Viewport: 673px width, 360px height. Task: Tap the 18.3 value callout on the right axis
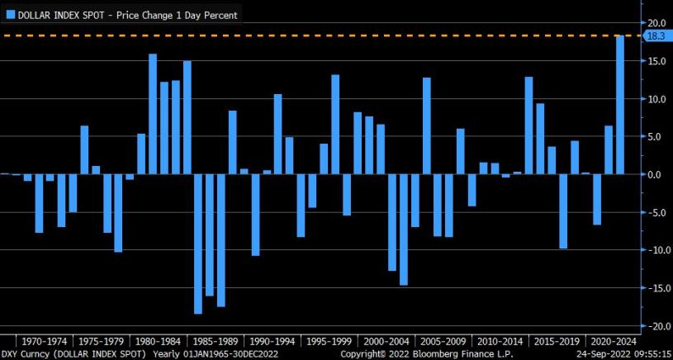pyautogui.click(x=656, y=37)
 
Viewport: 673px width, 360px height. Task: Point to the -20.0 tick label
pyautogui.click(x=655, y=326)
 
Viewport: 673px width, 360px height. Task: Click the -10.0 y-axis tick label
pyautogui.click(x=655, y=250)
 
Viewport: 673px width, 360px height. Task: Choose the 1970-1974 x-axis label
pyautogui.click(x=45, y=341)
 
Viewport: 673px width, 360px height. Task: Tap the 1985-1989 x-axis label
pyautogui.click(x=216, y=341)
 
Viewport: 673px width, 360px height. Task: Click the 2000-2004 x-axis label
pyautogui.click(x=386, y=341)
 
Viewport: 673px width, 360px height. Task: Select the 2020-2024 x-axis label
pyautogui.click(x=614, y=341)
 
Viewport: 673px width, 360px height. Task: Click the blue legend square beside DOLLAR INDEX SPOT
pyautogui.click(x=11, y=15)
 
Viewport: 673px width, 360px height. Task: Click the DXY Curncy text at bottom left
pyautogui.click(x=26, y=354)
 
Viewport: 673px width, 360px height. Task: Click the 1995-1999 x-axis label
pyautogui.click(x=329, y=341)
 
